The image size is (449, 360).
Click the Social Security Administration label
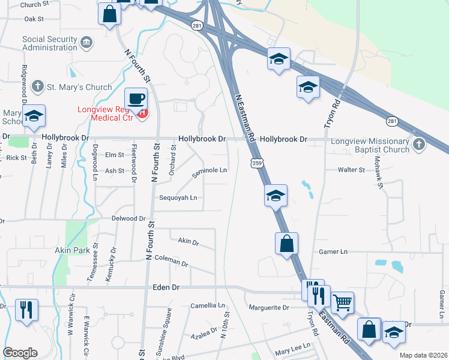(50, 44)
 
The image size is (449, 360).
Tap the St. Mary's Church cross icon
(37, 87)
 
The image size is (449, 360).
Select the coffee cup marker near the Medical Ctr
(136, 98)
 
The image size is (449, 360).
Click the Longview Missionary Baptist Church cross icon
(419, 144)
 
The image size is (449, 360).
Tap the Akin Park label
(71, 250)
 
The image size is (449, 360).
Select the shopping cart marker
(342, 303)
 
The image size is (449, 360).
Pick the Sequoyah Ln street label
(178, 197)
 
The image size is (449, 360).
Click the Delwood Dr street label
(128, 219)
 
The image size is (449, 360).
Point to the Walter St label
(351, 170)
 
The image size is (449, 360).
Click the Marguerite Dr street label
(270, 307)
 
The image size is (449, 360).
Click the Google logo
(20, 353)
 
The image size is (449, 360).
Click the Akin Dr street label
(188, 241)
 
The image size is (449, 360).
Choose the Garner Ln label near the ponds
(333, 252)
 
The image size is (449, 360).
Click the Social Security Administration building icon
(87, 42)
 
